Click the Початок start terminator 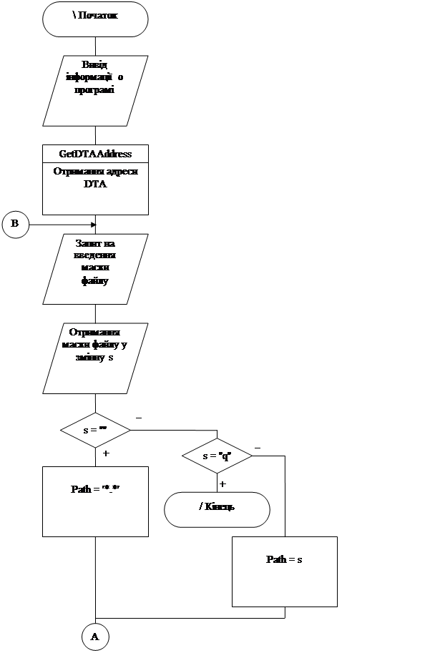[95, 19]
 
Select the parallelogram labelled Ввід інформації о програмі [95, 90]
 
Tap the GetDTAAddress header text [95, 154]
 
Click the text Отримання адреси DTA [95, 177]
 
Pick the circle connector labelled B [15, 224]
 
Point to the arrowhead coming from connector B [92, 224]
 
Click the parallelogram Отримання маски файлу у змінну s [95, 358]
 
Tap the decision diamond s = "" [95, 431]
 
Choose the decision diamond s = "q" [217, 456]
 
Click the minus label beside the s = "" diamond [141, 416]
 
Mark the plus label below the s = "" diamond [108, 453]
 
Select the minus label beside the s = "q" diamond [260, 446]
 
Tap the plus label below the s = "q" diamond [225, 484]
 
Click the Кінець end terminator [217, 509]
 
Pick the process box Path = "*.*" [95, 501]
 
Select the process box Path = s [284, 571]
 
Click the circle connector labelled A [95, 636]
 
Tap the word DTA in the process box [95, 185]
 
